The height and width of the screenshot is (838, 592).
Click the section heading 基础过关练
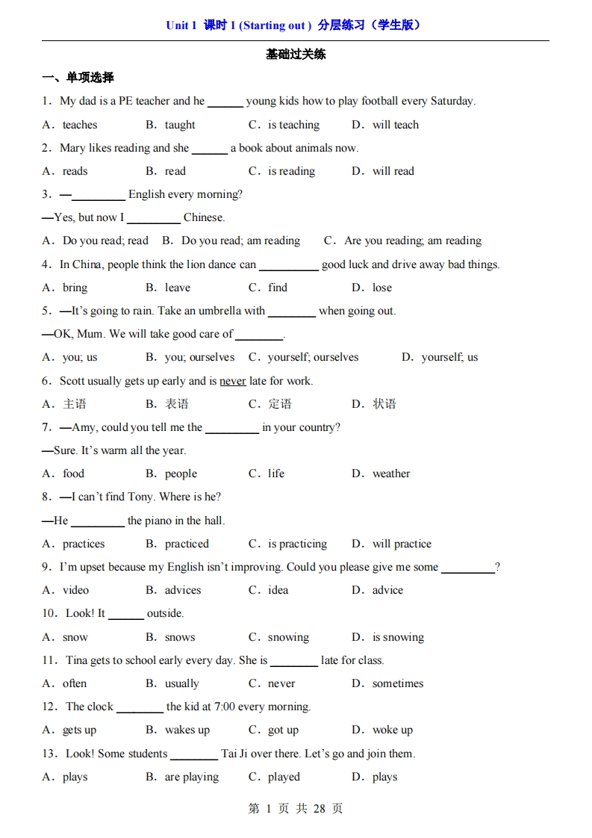pos(296,55)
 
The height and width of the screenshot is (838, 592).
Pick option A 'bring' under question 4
pos(75,288)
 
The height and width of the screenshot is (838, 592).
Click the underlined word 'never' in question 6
pos(232,381)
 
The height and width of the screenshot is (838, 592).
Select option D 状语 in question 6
pos(384,404)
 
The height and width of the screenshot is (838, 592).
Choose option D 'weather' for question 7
pos(390,474)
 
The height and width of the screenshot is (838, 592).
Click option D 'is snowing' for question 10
pos(398,637)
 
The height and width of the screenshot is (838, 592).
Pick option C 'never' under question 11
pos(281,683)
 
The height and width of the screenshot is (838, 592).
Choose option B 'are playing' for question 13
pos(192,777)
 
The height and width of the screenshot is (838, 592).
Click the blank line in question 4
pos(288,266)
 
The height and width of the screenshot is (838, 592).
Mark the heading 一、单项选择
pos(78,77)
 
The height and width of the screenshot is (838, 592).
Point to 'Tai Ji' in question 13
pos(236,754)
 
